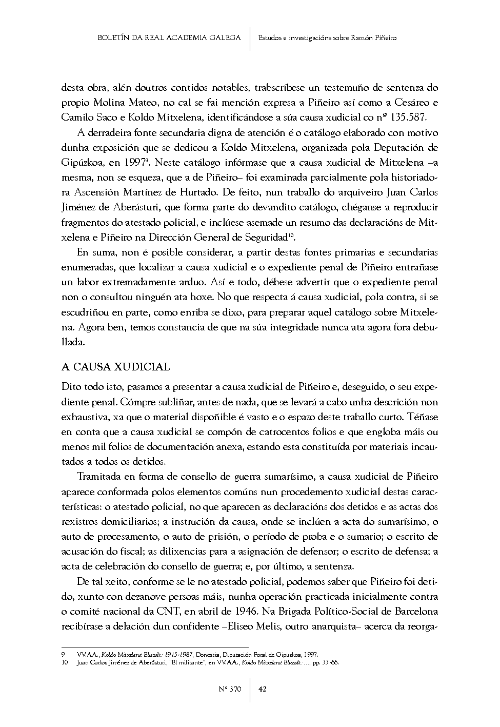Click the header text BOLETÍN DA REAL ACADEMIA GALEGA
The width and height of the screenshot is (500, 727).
pyautogui.click(x=169, y=38)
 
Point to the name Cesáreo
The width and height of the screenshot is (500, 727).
pyautogui.click(x=407, y=102)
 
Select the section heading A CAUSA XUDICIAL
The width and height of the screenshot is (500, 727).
pyautogui.click(x=115, y=367)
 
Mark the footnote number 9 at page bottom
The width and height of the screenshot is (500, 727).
pyautogui.click(x=63, y=655)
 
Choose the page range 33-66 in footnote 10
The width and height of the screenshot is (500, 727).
pyautogui.click(x=331, y=662)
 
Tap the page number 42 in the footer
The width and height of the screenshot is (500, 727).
pyautogui.click(x=262, y=690)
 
